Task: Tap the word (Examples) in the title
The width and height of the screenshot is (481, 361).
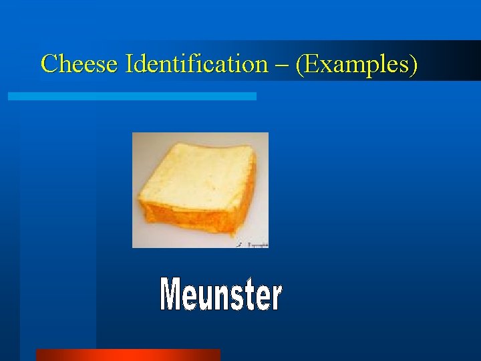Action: click(357, 64)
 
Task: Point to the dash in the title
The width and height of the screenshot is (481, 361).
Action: click(281, 66)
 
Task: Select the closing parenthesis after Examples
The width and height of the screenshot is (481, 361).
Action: click(414, 65)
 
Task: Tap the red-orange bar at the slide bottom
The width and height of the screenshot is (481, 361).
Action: click(128, 354)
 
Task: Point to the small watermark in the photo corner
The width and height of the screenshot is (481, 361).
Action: click(254, 245)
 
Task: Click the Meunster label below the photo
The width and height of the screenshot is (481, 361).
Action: click(221, 295)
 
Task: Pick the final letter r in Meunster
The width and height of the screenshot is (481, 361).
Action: click(275, 297)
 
